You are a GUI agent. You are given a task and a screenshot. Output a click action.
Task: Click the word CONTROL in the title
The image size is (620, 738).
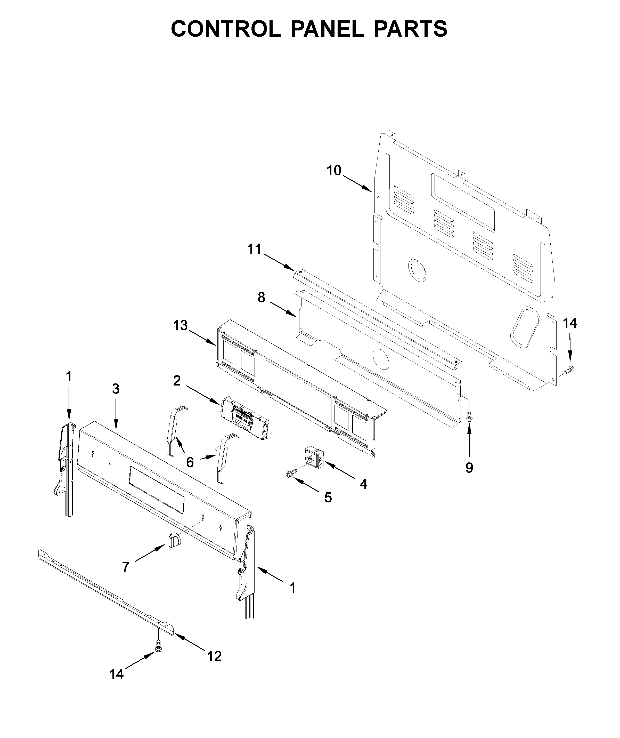(226, 29)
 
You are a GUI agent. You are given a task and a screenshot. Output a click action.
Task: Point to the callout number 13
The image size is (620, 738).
(180, 326)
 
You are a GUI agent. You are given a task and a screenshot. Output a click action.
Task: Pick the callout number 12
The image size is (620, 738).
(214, 656)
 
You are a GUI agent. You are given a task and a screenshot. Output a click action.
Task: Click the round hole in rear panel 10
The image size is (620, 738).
(418, 270)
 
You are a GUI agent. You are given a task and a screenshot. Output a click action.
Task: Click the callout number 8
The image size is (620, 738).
(261, 298)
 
